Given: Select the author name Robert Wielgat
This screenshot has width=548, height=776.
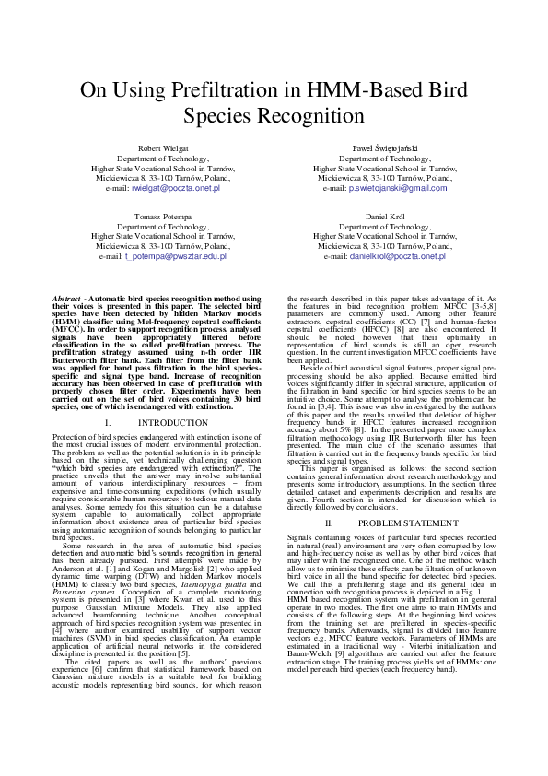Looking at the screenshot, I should pyautogui.click(x=162, y=148).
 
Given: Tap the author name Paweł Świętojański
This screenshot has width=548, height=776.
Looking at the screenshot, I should pyautogui.click(x=385, y=148).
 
